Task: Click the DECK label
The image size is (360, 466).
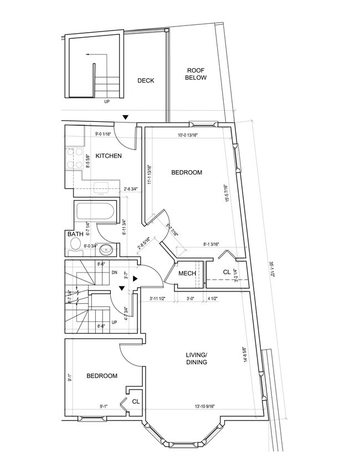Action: click(x=146, y=81)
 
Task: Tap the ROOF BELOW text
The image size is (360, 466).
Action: click(x=196, y=74)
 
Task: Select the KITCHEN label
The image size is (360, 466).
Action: click(x=109, y=156)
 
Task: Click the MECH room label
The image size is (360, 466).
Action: click(x=186, y=274)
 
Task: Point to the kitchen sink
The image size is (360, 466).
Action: click(x=101, y=188)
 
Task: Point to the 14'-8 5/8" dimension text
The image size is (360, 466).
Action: click(x=244, y=354)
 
